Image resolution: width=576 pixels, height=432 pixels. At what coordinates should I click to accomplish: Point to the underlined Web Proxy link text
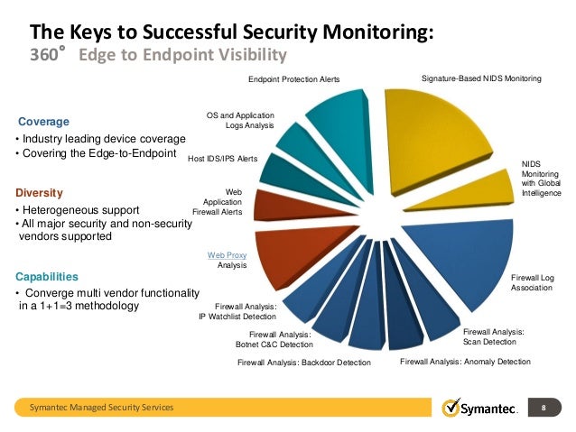click(x=228, y=256)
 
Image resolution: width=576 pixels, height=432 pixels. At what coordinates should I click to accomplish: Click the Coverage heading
click(x=43, y=121)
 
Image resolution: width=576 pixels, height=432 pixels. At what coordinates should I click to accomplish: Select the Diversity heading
click(x=42, y=192)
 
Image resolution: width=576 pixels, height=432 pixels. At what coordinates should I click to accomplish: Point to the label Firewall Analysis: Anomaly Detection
click(x=465, y=362)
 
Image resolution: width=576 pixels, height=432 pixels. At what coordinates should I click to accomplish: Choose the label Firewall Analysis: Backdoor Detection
click(x=304, y=363)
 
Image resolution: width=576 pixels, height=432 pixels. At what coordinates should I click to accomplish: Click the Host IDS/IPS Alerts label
click(x=223, y=159)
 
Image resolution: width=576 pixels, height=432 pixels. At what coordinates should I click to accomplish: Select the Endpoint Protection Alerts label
click(x=294, y=79)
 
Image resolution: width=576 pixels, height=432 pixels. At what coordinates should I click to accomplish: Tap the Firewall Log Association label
click(x=532, y=282)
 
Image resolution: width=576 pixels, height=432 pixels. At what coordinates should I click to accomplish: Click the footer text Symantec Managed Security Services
click(x=102, y=409)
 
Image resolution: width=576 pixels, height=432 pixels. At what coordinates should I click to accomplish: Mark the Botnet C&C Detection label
click(x=274, y=345)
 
